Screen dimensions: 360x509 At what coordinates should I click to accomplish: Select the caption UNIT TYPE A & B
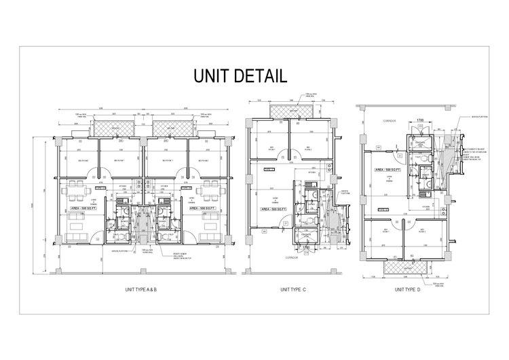(141, 290)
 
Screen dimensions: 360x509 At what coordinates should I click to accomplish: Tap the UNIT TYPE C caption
(294, 290)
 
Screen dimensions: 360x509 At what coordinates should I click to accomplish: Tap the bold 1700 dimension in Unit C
(305, 248)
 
